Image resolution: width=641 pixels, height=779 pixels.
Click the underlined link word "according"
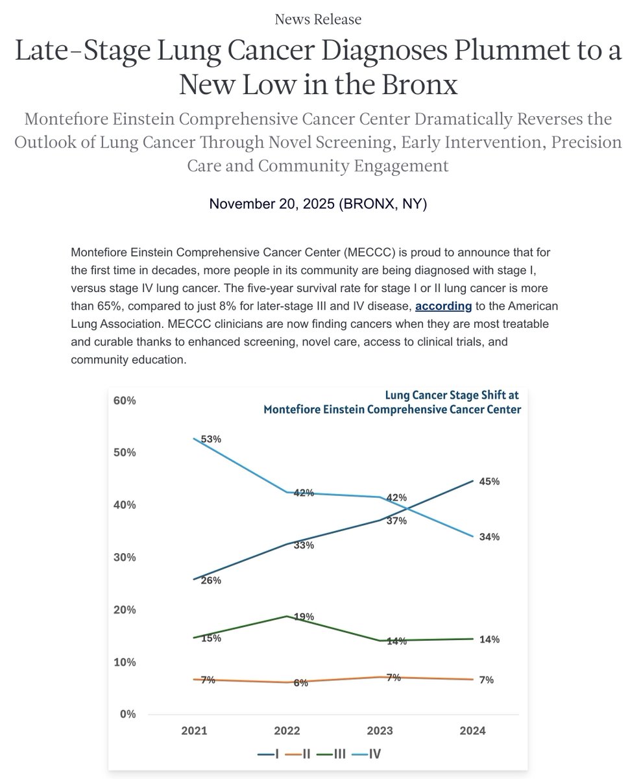443,306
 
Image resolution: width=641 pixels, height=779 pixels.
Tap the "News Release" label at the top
318,19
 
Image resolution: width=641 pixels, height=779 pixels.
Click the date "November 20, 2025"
272,204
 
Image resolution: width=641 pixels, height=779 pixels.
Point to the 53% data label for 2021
212,439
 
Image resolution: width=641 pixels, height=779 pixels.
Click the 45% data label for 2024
489,482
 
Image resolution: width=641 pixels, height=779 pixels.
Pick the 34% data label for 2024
489,537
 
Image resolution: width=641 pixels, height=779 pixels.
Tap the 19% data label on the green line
304,617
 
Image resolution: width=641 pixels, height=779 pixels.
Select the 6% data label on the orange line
300,683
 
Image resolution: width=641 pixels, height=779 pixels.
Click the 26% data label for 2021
212,580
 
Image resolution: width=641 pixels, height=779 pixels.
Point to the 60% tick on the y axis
125,401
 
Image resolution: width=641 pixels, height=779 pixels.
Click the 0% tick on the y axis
128,714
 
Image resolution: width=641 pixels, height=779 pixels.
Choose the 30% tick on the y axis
125,557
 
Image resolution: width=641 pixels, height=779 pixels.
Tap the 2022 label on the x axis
287,731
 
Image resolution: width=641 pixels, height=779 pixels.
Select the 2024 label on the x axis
472,731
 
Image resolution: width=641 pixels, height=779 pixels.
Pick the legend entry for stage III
334,754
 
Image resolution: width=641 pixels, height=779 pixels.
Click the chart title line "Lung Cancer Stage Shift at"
452,395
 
